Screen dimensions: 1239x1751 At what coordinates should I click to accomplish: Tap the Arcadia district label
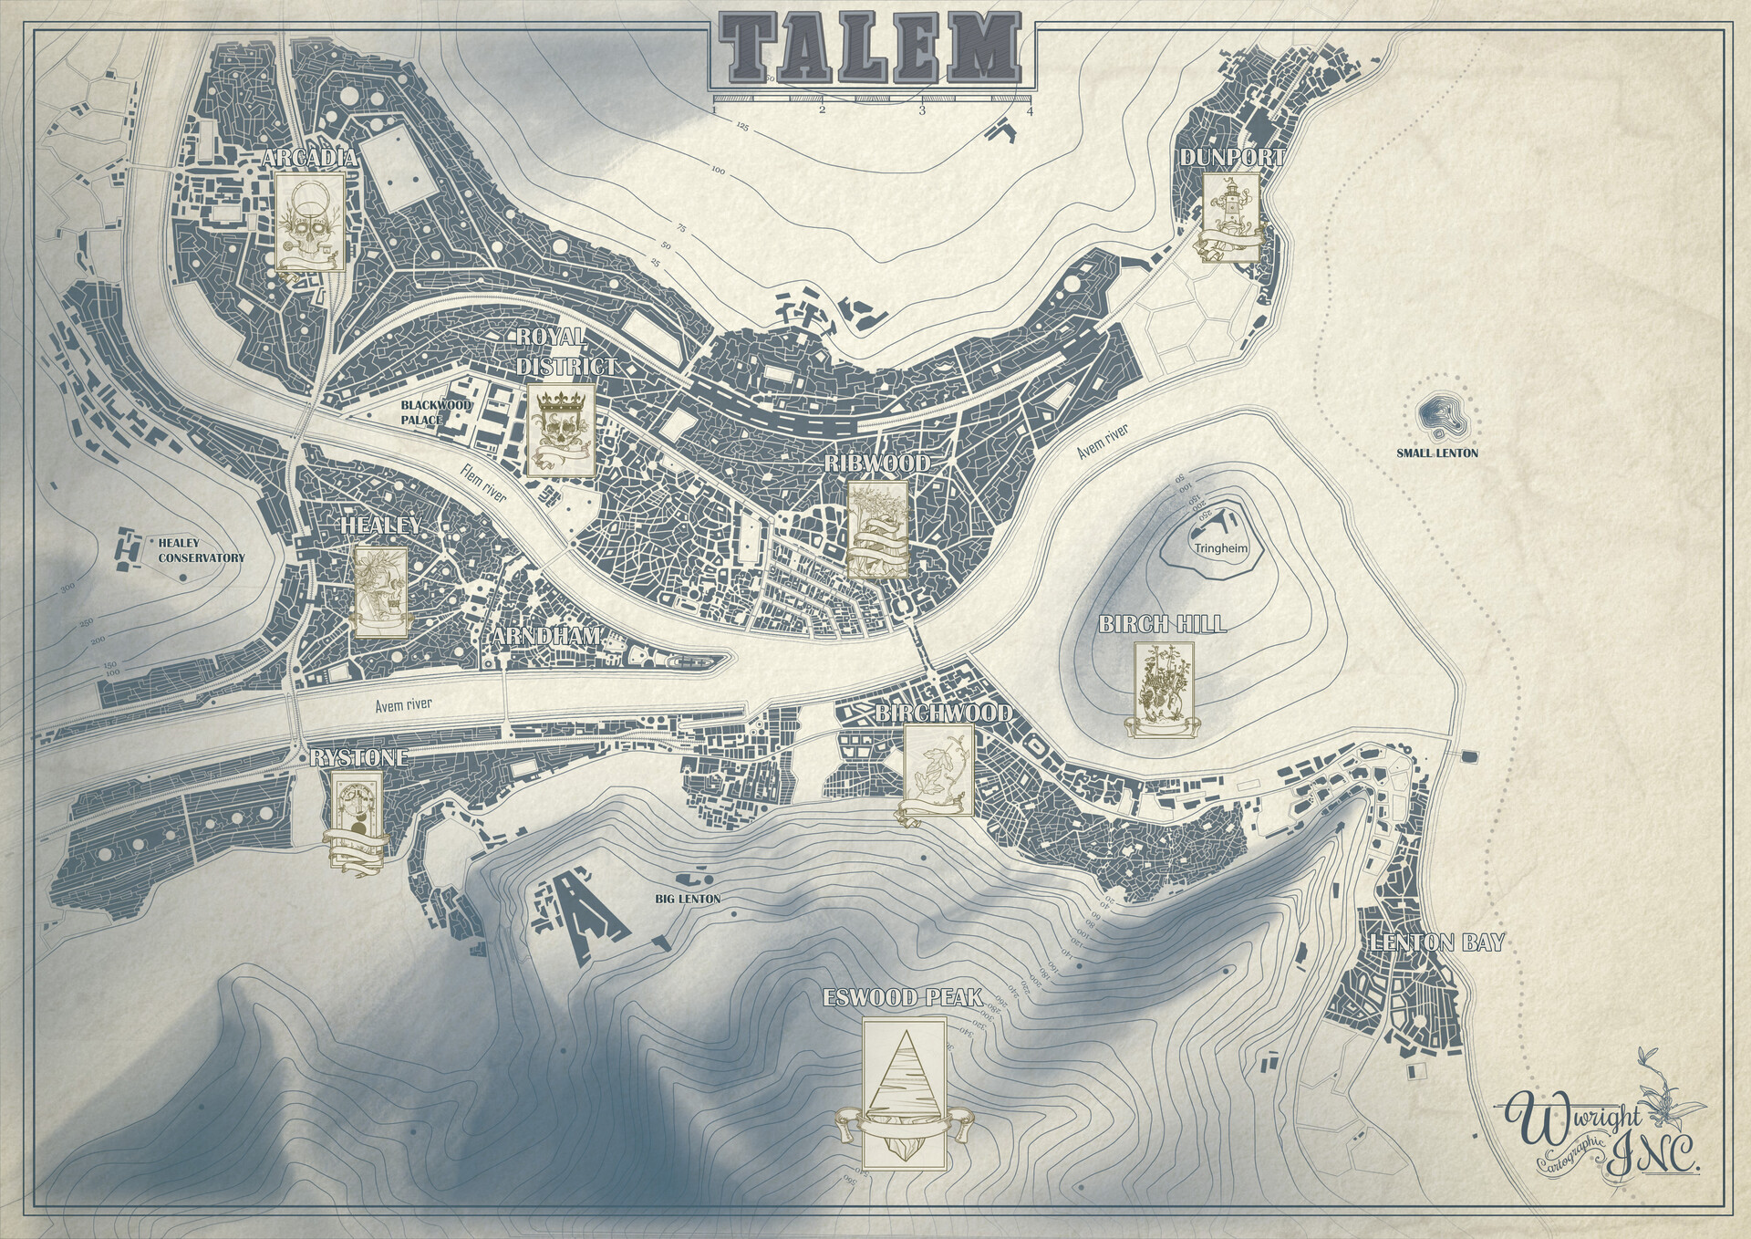point(308,159)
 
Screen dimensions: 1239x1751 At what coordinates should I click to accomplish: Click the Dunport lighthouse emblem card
point(1230,217)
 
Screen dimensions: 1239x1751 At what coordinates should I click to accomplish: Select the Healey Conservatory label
point(201,550)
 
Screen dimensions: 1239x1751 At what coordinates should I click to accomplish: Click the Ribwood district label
point(876,463)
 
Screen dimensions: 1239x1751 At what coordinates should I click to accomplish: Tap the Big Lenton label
point(688,899)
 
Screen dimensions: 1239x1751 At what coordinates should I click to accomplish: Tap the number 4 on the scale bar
point(1030,111)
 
